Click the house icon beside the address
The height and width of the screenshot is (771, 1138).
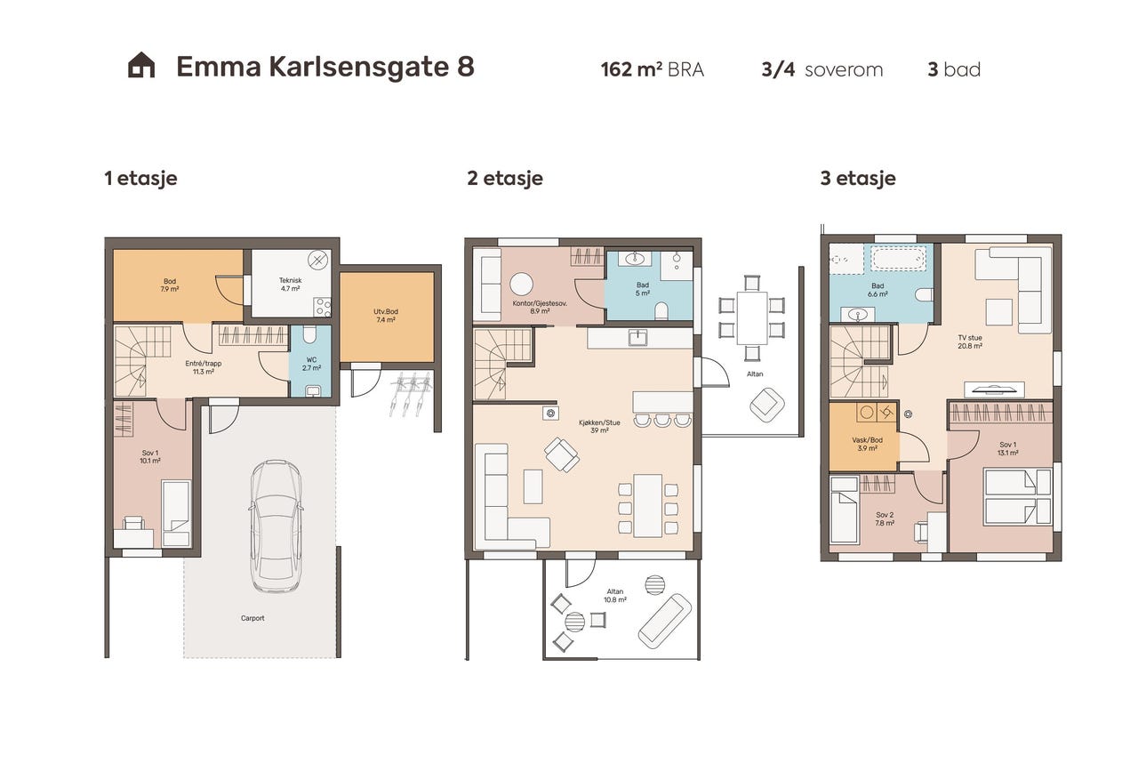[x=141, y=66]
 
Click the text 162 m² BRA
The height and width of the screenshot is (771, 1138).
[x=652, y=69]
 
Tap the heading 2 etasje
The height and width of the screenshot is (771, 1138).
[x=504, y=178]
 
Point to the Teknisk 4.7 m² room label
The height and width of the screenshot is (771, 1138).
[x=290, y=285]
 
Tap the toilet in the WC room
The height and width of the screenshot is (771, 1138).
[x=309, y=335]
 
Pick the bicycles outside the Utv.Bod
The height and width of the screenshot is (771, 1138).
[x=411, y=393]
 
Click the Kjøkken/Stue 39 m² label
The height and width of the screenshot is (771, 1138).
[x=592, y=426]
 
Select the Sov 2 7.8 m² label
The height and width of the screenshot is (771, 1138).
[x=884, y=519]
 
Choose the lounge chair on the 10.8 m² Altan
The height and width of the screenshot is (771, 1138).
[x=664, y=621]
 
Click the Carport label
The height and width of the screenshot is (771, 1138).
[x=252, y=618]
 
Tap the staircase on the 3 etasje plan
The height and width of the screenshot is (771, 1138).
[x=858, y=361]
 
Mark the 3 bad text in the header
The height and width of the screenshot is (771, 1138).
[x=953, y=69]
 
